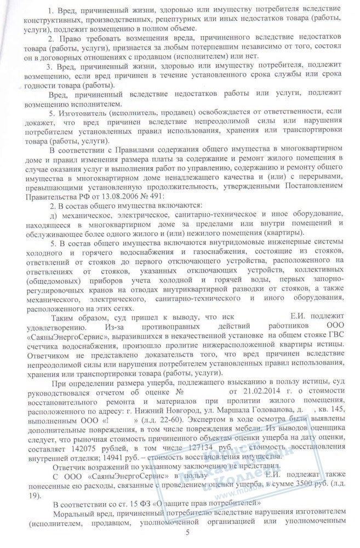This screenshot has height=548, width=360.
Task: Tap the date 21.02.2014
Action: pos(250,393)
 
